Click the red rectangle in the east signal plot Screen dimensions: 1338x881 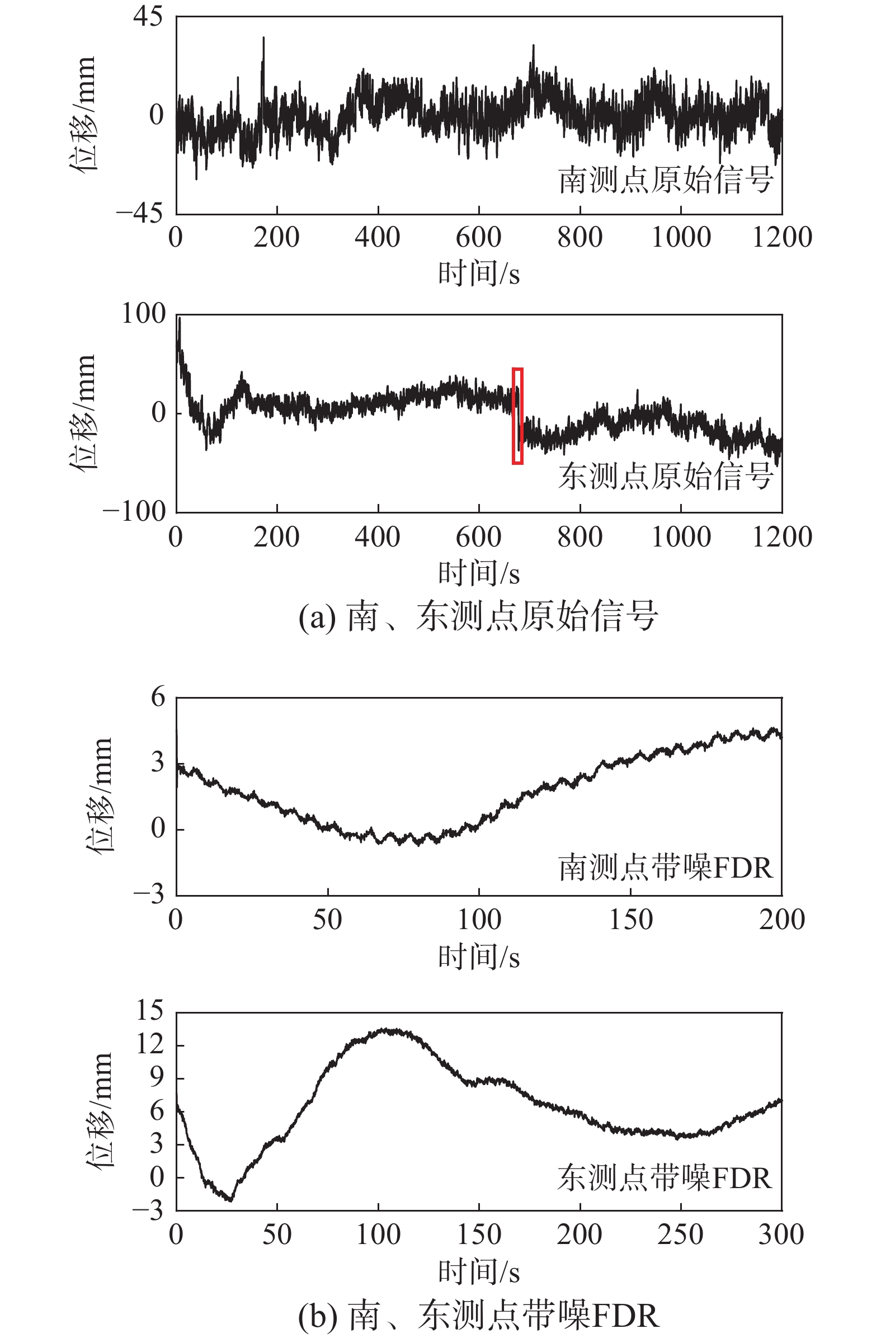(518, 416)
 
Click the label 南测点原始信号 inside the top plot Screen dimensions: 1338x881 (666, 180)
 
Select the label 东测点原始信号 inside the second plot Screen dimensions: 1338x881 (666, 476)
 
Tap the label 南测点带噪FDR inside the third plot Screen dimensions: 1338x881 (666, 868)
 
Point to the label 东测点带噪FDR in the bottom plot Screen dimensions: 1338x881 (665, 1178)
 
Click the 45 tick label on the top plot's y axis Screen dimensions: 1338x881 (148, 16)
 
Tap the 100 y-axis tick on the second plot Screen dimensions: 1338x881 (144, 314)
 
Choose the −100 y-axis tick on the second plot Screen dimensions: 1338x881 (135, 511)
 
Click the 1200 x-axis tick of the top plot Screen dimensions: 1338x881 (782, 237)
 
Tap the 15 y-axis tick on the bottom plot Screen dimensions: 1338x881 (149, 1011)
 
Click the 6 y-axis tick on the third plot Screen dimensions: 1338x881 (158, 698)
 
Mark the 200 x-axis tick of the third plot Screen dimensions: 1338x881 (782, 920)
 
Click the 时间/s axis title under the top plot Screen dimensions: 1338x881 (479, 274)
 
